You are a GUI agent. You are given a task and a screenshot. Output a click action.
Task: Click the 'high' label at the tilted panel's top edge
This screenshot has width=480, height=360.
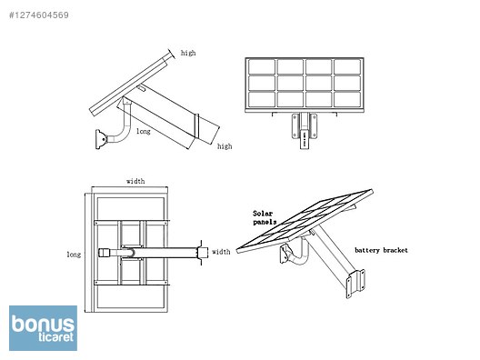(188, 54)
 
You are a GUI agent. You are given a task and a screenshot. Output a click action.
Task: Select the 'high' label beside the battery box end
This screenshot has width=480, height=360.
(225, 146)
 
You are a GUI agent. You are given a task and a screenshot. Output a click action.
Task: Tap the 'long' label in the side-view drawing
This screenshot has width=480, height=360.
(144, 131)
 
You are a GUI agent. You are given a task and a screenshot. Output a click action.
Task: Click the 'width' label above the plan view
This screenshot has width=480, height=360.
(135, 181)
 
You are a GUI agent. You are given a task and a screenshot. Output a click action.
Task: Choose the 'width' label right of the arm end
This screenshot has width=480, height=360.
(221, 252)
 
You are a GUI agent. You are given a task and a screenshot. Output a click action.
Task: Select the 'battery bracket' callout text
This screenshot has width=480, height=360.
(381, 248)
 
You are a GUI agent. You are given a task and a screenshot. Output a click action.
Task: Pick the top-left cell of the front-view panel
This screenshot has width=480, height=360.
(263, 67)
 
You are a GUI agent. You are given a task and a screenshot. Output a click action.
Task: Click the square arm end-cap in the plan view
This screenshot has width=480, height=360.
(105, 252)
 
